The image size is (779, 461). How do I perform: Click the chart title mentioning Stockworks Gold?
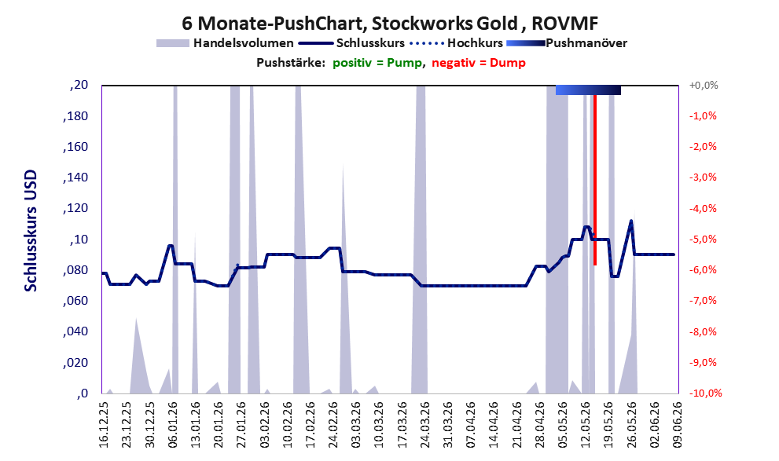tap(390, 23)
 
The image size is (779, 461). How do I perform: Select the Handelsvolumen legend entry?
tap(225, 43)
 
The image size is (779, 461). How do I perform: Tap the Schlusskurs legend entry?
tap(351, 43)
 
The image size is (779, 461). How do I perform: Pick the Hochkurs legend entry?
tap(456, 43)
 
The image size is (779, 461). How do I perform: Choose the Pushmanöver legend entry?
tap(567, 43)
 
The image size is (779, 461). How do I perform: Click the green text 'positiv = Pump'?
tap(377, 63)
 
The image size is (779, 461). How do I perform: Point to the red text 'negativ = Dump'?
tap(479, 63)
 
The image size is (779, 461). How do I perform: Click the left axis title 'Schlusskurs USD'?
tap(31, 231)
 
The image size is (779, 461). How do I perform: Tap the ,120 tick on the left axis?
tap(75, 208)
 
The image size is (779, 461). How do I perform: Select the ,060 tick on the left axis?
tap(75, 301)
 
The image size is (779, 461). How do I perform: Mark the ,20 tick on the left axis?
tap(79, 85)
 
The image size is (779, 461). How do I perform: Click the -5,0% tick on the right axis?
tap(703, 240)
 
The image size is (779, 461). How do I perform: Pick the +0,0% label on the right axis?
tap(704, 86)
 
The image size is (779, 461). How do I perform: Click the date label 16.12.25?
tap(103, 424)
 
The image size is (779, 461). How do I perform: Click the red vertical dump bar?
tap(595, 176)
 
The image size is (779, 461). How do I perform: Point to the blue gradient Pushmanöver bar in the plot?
tap(588, 90)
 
